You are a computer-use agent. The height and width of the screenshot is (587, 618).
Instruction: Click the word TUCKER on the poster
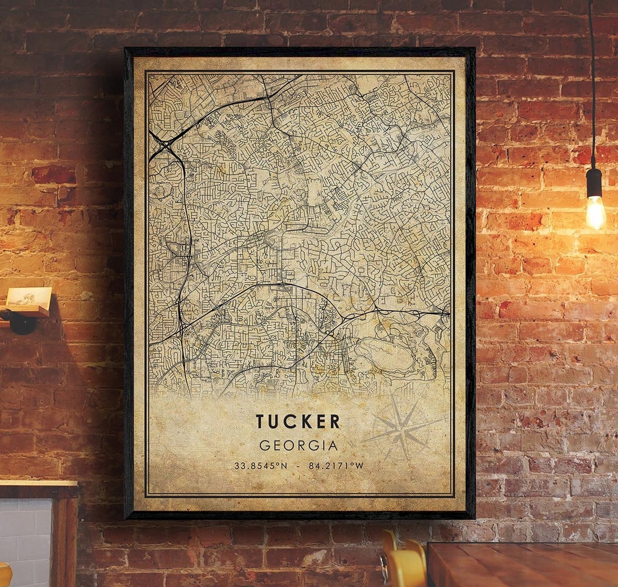(298, 421)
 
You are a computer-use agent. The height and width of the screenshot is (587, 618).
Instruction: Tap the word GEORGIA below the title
(298, 446)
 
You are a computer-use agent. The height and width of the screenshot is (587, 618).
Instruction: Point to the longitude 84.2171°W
(336, 466)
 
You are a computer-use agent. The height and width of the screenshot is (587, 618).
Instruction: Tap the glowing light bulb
(595, 211)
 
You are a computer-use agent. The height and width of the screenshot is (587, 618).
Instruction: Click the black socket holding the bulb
(594, 182)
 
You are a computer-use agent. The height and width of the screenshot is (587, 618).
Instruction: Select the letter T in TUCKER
(260, 421)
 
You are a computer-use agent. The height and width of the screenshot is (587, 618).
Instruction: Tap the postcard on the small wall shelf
(29, 297)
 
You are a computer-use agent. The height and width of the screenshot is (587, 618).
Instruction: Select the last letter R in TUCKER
(335, 421)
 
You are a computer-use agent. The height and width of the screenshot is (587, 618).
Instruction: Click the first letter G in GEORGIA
(265, 446)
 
